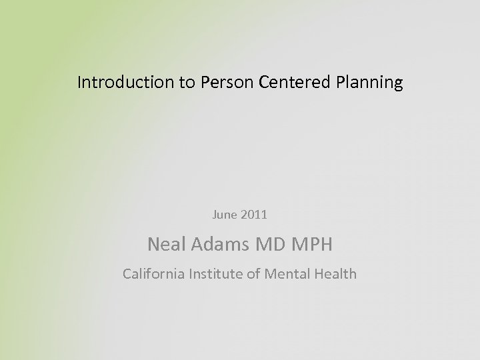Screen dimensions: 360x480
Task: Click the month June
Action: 224,215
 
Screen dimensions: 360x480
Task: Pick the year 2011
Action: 253,215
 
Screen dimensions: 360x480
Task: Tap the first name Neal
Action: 165,245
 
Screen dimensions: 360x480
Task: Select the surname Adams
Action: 216,245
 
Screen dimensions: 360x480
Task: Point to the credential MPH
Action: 311,245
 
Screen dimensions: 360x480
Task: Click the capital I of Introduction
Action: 79,83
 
